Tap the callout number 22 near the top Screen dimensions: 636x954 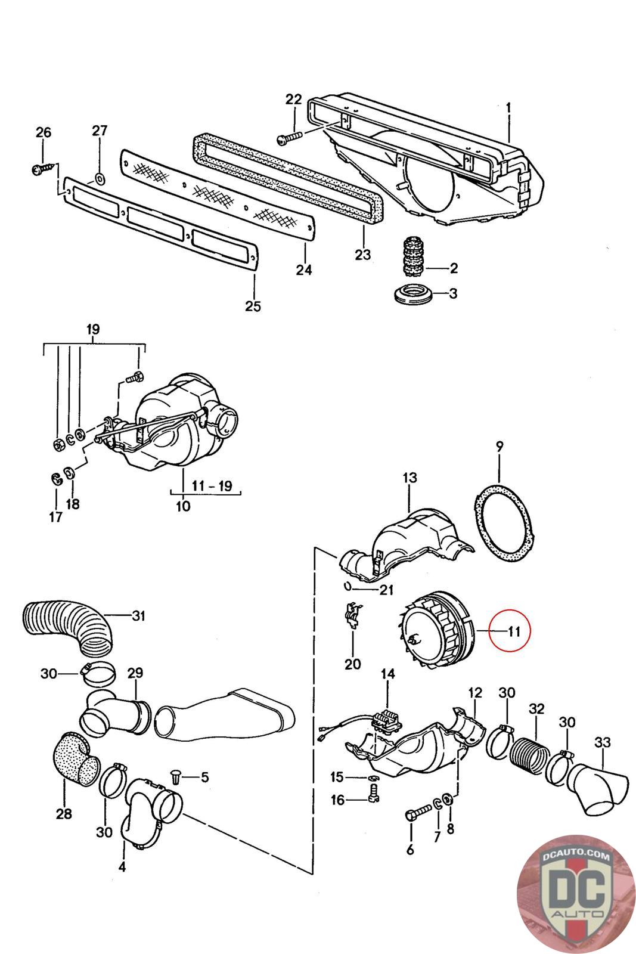[x=293, y=99]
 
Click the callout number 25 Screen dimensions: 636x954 [x=253, y=306]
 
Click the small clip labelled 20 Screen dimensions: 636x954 [x=353, y=615]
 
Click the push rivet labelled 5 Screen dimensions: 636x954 [x=175, y=778]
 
